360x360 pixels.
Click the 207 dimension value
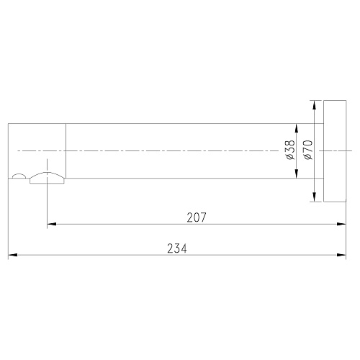click(x=197, y=217)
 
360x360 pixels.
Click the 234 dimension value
click(x=177, y=248)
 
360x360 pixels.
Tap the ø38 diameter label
click(x=290, y=150)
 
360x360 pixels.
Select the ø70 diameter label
click(x=308, y=150)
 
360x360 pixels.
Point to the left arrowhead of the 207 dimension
click(x=52, y=224)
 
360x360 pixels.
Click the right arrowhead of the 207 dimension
click(x=341, y=224)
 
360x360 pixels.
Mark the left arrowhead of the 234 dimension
click(x=13, y=255)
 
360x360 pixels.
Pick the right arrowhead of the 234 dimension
click(x=341, y=255)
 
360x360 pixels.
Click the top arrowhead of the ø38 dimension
click(x=297, y=128)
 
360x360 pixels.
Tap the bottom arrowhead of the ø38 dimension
click(x=297, y=174)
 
